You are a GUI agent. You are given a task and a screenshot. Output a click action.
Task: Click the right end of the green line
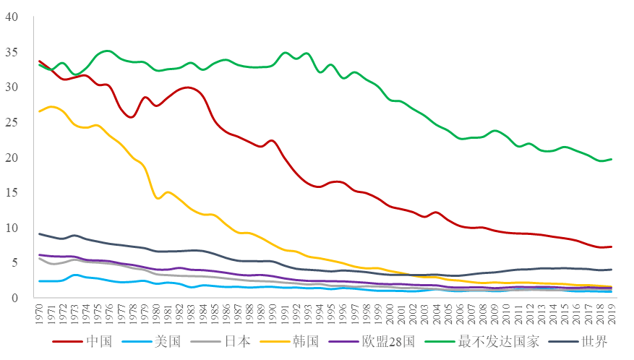click(x=612, y=159)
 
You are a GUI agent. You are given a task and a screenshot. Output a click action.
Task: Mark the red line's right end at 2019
click(x=612, y=247)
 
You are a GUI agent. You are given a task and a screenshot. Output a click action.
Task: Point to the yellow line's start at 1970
click(x=39, y=111)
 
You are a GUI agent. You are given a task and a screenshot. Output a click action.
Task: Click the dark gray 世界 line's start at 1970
click(x=39, y=233)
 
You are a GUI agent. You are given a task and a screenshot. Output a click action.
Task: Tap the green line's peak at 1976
click(x=108, y=51)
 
